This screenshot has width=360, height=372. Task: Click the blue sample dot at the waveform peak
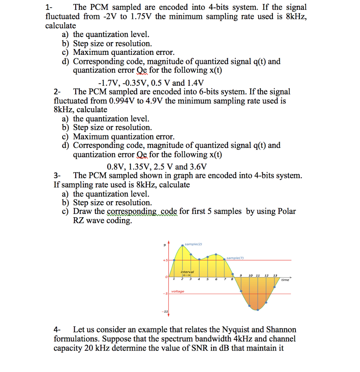[182, 246]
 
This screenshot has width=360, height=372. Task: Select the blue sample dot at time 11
[258, 310]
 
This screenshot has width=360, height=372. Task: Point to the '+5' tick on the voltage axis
[165, 260]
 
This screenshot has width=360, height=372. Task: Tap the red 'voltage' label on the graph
[178, 291]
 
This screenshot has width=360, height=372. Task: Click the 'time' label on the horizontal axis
[285, 280]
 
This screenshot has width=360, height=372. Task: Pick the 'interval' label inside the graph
[187, 272]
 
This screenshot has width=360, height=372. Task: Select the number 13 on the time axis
[275, 275]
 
